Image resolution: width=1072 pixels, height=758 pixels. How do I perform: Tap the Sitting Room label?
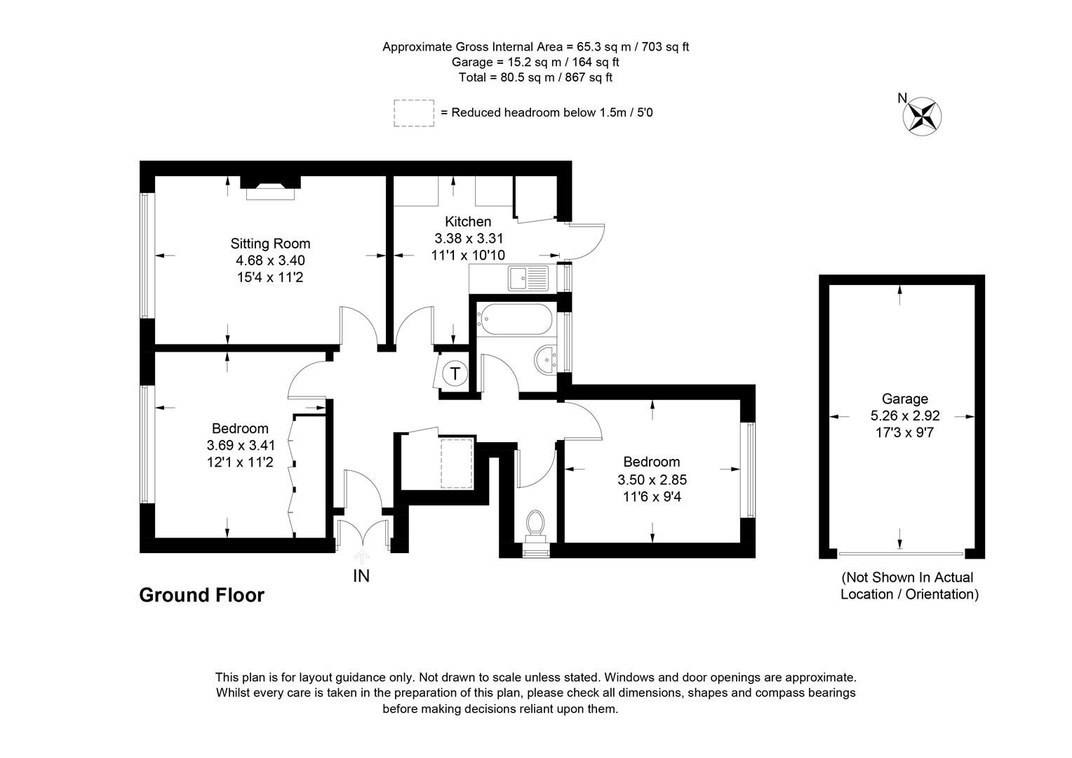click(x=270, y=244)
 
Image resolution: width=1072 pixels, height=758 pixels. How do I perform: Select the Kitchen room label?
click(x=467, y=222)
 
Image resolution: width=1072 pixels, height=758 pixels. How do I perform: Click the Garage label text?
click(x=905, y=399)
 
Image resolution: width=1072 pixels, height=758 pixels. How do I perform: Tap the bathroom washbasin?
click(x=545, y=361)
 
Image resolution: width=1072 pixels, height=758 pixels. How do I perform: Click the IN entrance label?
click(x=361, y=576)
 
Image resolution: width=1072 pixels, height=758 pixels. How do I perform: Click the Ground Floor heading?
click(x=202, y=595)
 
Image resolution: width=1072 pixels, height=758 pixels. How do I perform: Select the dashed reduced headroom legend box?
click(x=413, y=113)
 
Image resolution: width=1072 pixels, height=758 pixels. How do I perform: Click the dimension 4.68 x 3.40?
click(x=270, y=260)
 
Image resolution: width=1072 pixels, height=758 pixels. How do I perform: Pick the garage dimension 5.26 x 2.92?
click(x=905, y=416)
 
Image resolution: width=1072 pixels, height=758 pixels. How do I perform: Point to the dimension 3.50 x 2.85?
click(x=652, y=480)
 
